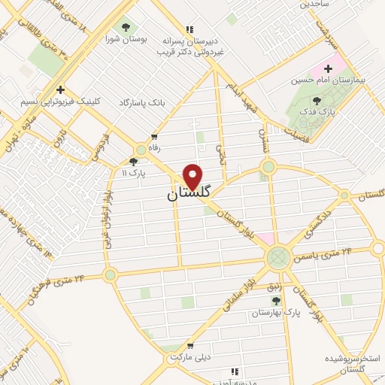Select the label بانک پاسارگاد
tap(140, 101)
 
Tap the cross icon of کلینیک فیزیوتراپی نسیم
tap(61, 89)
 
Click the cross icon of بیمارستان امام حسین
tap(328, 68)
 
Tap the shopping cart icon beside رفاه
tap(154, 137)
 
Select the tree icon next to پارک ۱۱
tap(134, 160)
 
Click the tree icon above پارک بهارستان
tap(275, 301)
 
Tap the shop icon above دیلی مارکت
tap(189, 347)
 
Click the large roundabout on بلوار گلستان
tap(279, 257)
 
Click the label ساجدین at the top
tap(316, 4)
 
